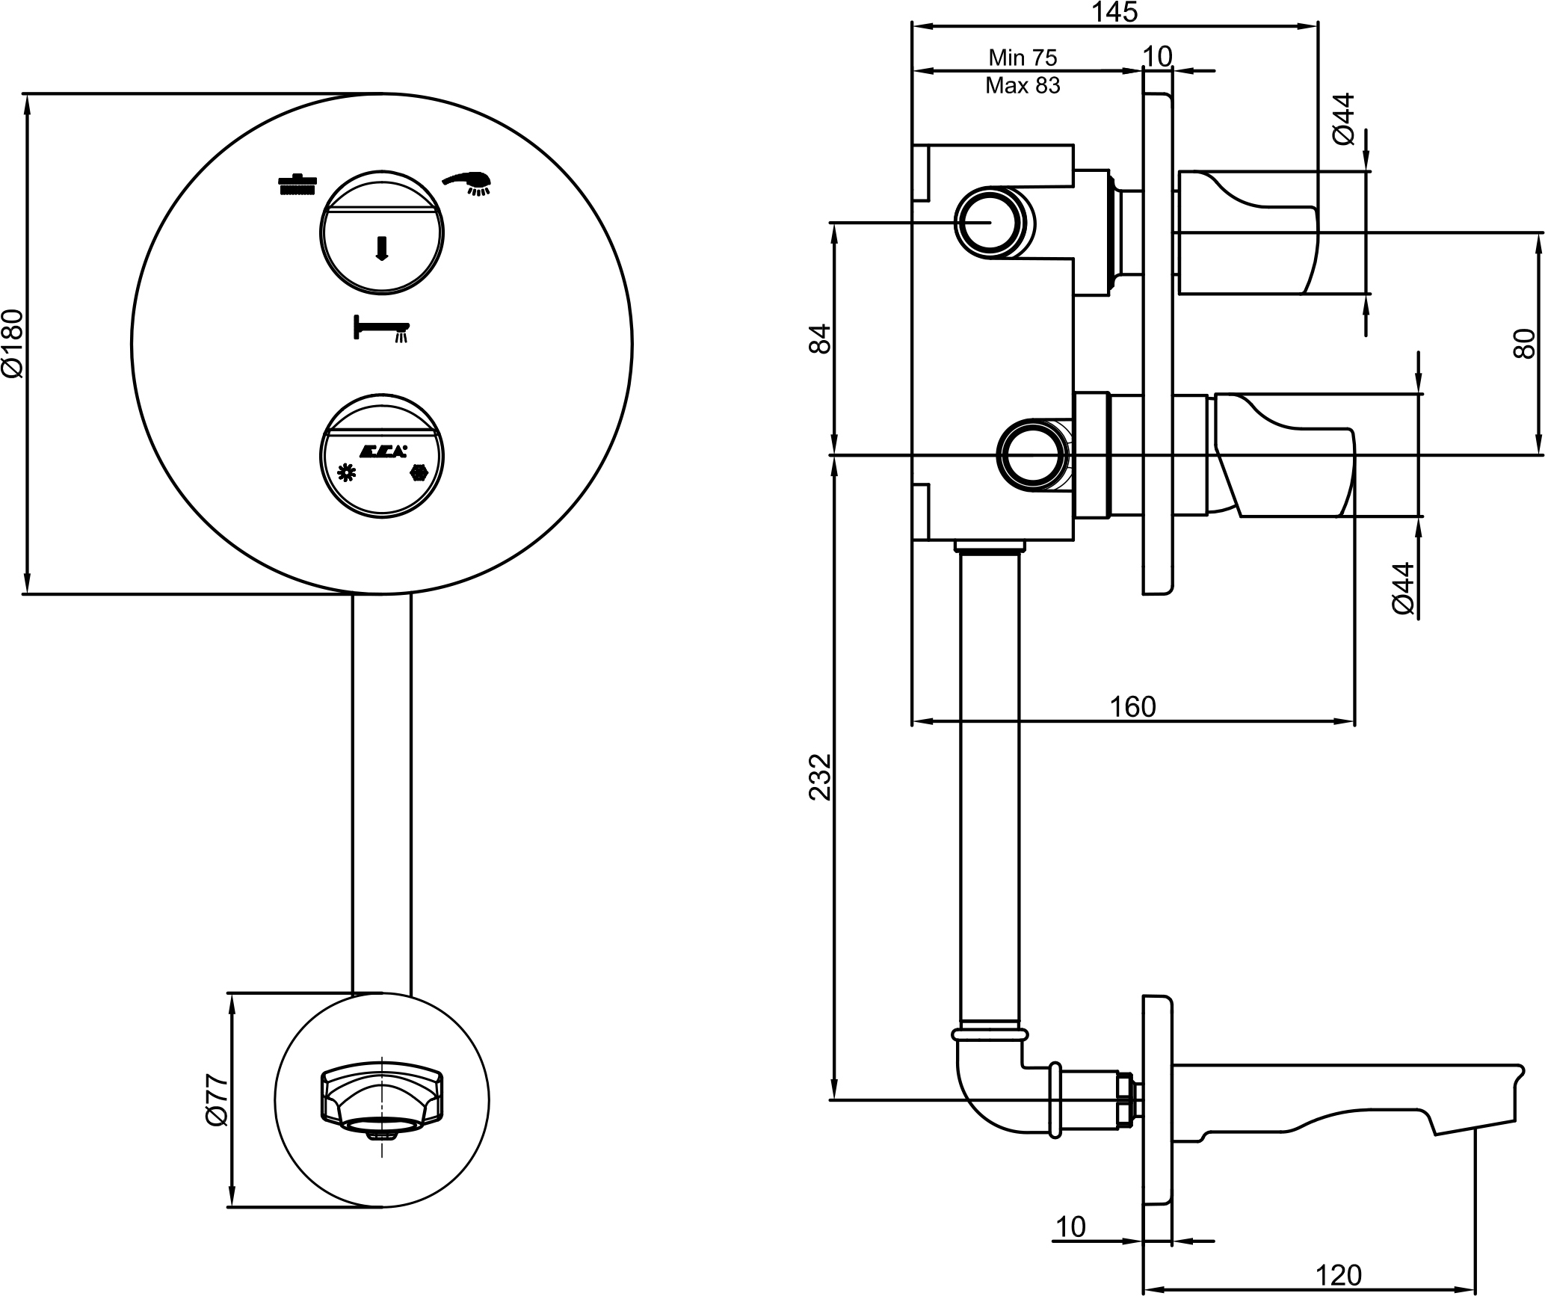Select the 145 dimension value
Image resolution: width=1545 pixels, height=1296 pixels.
[x=1114, y=12]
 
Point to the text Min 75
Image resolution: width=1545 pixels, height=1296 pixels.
[x=1023, y=58]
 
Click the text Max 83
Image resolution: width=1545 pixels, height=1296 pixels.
[x=1023, y=86]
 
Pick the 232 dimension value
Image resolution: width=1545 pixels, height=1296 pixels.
[x=820, y=777]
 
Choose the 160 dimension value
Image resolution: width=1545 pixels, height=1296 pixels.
[x=1133, y=706]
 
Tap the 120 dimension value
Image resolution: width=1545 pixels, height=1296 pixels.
[x=1339, y=1274]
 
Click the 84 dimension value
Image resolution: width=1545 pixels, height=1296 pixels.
[x=820, y=339]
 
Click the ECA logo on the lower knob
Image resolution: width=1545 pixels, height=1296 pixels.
[x=383, y=451]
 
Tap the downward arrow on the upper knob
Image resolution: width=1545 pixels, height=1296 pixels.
[x=382, y=248]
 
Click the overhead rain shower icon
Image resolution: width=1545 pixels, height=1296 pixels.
[x=297, y=184]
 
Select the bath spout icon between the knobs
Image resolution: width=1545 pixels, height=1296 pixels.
[x=382, y=328]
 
